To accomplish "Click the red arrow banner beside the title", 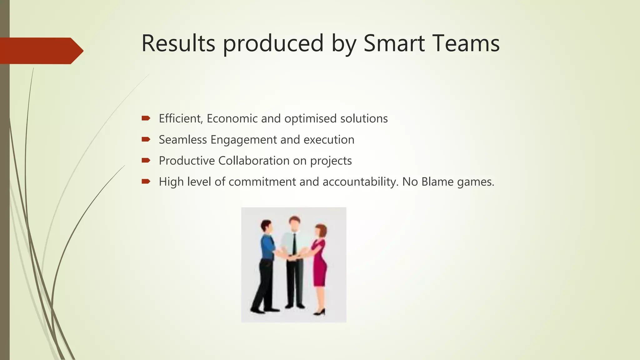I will click(x=41, y=51).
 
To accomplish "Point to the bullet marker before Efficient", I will click(x=146, y=118).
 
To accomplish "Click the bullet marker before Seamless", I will click(x=146, y=139).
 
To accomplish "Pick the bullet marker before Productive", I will click(x=146, y=160).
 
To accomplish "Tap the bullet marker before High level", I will click(x=146, y=181).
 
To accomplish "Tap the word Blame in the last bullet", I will click(x=437, y=182).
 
